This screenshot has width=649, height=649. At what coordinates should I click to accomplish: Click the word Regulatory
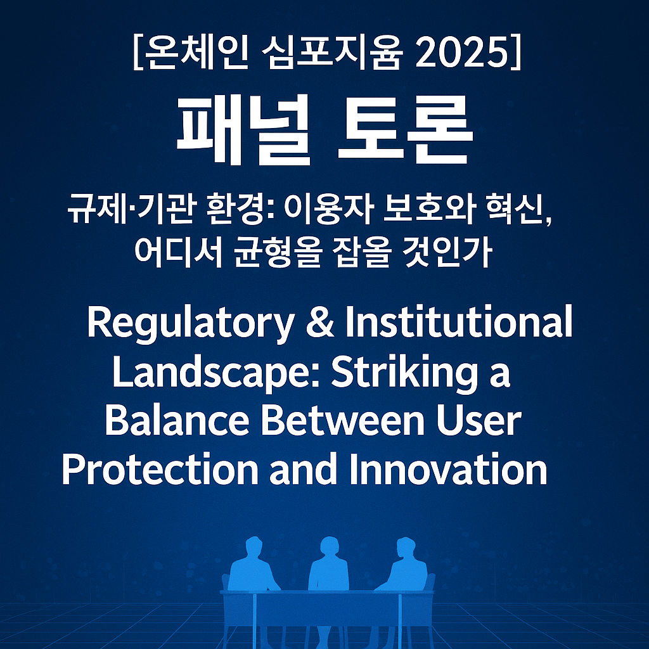(190, 324)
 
